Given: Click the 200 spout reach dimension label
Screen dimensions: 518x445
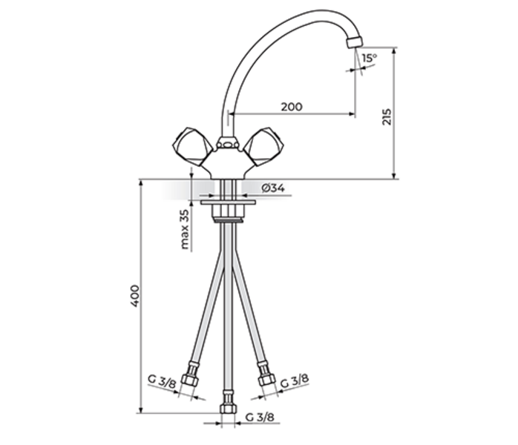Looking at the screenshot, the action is point(292,107).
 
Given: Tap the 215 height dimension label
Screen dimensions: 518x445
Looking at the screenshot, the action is point(387,116).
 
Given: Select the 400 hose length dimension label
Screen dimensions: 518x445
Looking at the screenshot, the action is point(135,296).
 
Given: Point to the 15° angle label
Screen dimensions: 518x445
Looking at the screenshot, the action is point(370,59).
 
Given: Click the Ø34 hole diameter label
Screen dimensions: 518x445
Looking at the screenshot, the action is point(273,188).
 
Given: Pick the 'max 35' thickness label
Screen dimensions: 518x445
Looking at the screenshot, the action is point(185,229).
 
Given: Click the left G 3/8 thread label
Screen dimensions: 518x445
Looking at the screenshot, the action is point(162,381).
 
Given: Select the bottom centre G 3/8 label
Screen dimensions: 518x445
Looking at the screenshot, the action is point(260,418).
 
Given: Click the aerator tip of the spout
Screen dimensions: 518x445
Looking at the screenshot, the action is point(355,42).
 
